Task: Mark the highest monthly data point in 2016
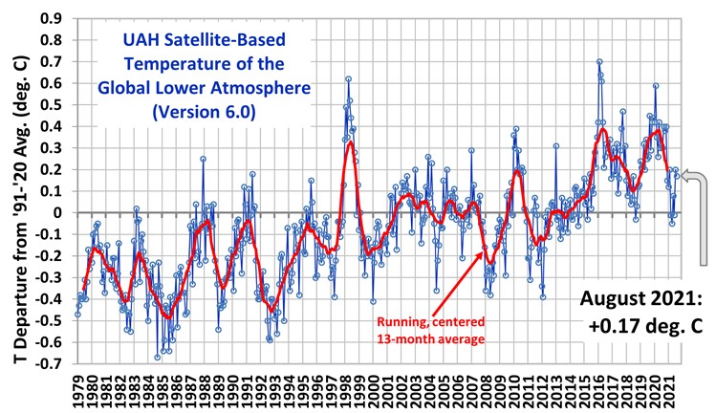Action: [599, 61]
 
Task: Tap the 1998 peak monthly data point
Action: [348, 78]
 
